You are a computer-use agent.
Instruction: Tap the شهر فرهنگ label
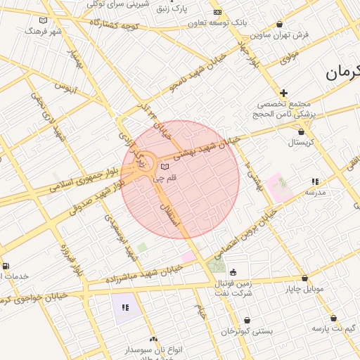pos(43,32)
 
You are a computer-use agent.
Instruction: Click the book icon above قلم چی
pos(165,167)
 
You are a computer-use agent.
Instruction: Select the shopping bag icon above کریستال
pos(302,131)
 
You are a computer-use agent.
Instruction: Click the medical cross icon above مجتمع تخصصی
pos(283,93)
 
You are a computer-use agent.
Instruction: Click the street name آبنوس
pos(65,89)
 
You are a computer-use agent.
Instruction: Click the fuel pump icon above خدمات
pos(6,266)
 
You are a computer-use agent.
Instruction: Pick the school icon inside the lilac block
pos(125,307)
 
